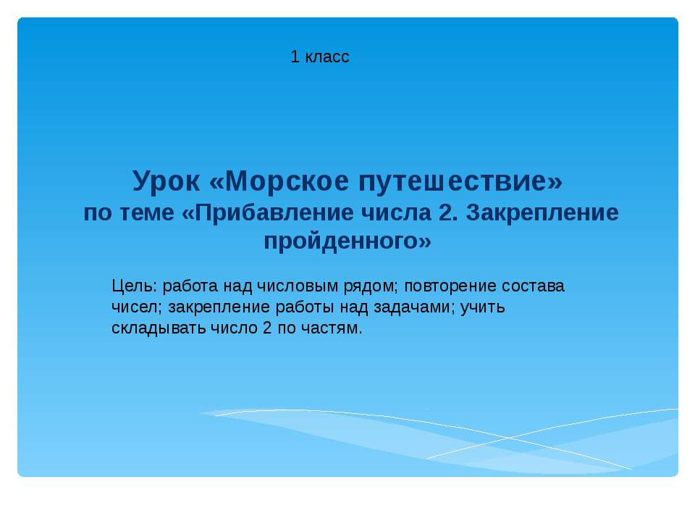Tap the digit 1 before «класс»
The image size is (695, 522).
(295, 57)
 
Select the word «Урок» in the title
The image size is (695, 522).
(167, 181)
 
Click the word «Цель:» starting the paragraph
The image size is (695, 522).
(133, 286)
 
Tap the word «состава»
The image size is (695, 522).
(534, 286)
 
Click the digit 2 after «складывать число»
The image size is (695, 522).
(267, 328)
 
